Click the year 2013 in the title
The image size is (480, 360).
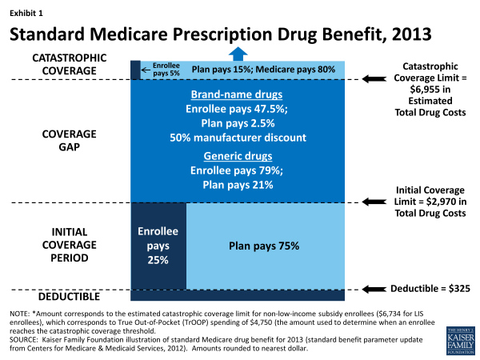405,36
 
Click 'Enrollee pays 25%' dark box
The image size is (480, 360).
158,245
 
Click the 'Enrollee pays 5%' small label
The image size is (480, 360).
153,70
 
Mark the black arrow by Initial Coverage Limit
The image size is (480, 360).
373,203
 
